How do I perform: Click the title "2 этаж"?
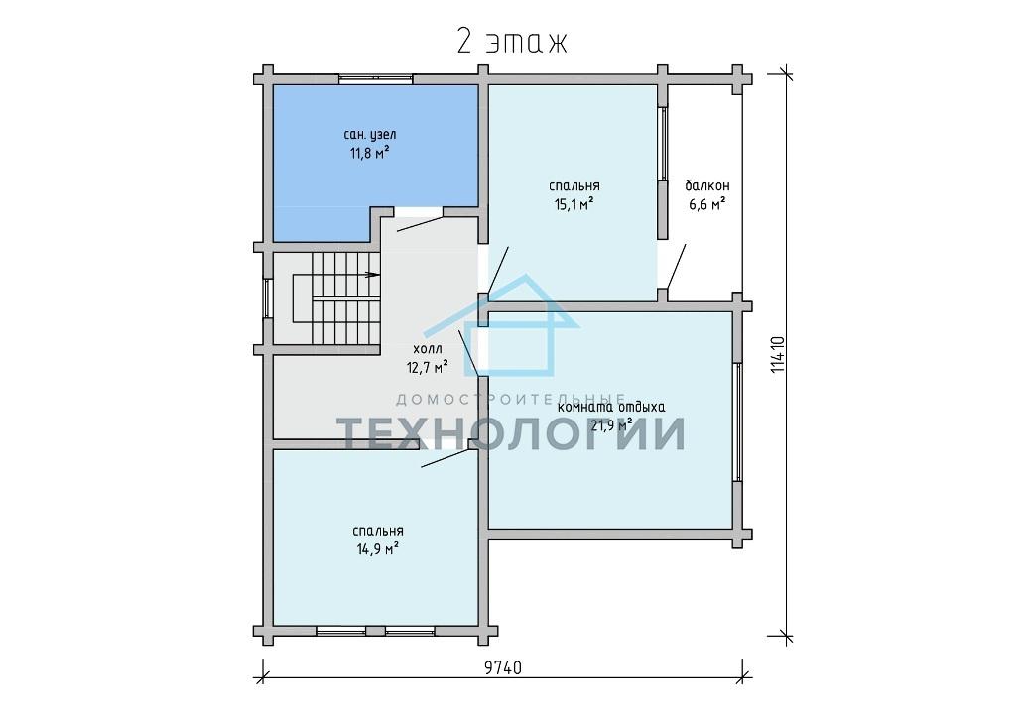coord(512,43)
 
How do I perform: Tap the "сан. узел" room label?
coord(369,135)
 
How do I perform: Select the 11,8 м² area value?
coord(369,154)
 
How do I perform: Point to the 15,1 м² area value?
coord(574,204)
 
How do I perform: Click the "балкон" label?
coord(707,185)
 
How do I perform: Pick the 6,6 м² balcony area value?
coord(707,204)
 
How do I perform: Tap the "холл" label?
coord(427,349)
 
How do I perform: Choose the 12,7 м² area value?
coord(427,367)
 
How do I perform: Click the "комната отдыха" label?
coord(611,408)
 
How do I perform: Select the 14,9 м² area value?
coord(377,549)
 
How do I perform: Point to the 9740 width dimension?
coord(503,667)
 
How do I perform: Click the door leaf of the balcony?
coord(676,267)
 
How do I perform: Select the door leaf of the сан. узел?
coord(421,224)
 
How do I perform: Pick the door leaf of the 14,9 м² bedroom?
coord(446,458)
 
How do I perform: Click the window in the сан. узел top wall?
coord(376,79)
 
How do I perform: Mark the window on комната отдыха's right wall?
coord(737,421)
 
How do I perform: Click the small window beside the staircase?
coord(267,299)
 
